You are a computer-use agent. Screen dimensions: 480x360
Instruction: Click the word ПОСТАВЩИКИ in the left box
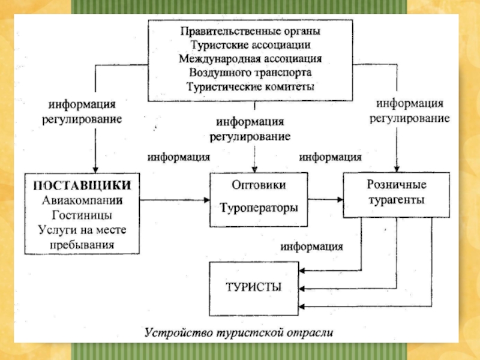click(x=82, y=185)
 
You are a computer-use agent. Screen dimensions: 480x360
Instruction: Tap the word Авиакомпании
click(x=82, y=200)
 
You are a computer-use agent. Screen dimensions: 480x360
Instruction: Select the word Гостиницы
click(x=82, y=215)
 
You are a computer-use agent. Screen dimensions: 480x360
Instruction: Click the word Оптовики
click(x=259, y=185)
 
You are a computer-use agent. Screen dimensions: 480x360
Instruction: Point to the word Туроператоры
click(x=259, y=208)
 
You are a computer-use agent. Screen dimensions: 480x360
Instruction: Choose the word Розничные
click(x=397, y=185)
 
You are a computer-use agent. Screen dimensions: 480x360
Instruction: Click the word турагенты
click(x=397, y=200)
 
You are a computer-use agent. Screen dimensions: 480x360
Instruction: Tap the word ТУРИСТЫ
click(x=253, y=287)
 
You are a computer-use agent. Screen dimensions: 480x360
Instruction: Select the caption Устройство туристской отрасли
click(x=239, y=332)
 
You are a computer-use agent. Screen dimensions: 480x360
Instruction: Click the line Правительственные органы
click(x=250, y=31)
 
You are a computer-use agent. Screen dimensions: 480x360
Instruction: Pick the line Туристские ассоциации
click(x=250, y=45)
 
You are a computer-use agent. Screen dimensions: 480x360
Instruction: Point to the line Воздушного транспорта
click(x=250, y=73)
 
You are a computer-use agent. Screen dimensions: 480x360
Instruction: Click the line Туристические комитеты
click(x=250, y=87)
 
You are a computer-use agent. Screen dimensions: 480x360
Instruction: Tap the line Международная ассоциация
click(x=250, y=59)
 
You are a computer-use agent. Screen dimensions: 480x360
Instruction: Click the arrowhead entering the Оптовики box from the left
click(x=207, y=200)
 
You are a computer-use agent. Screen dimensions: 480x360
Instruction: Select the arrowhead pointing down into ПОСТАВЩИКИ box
click(x=95, y=170)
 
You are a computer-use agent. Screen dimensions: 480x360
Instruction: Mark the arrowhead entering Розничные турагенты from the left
click(x=340, y=200)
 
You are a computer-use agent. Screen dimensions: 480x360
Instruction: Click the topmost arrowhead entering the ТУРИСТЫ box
click(x=302, y=271)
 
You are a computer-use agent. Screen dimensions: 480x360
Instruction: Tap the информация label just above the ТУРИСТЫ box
click(x=311, y=247)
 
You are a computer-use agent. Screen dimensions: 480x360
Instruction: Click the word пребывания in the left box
click(x=82, y=245)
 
